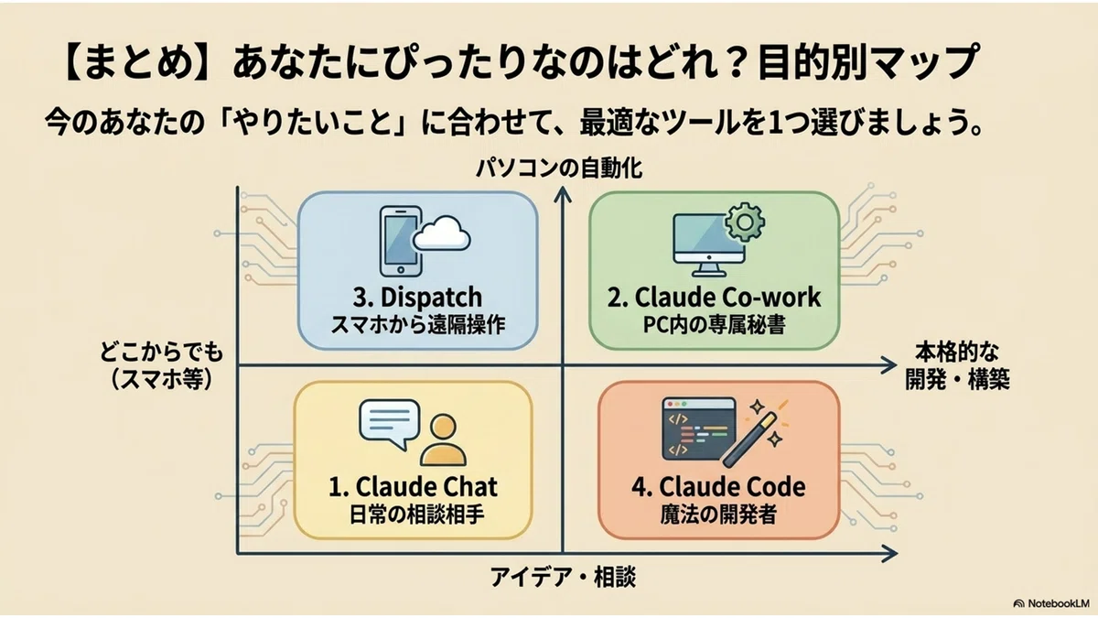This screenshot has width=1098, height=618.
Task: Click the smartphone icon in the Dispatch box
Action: click(401, 241)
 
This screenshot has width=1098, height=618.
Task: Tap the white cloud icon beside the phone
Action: click(442, 234)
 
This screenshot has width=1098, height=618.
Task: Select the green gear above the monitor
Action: click(745, 222)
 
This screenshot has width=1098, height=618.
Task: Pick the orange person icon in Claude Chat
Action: click(443, 440)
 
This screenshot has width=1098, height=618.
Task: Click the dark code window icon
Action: click(699, 428)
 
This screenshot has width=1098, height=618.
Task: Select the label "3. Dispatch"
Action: click(417, 298)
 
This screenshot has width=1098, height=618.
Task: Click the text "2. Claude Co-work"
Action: click(715, 297)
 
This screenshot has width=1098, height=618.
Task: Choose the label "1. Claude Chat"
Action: click(414, 486)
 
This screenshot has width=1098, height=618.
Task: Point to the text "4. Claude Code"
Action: click(718, 486)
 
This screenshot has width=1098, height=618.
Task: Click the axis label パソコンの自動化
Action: click(559, 168)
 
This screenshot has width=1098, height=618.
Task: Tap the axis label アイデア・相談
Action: click(564, 577)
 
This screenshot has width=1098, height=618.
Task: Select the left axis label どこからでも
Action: click(161, 352)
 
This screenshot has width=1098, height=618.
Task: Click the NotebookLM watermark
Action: click(1050, 603)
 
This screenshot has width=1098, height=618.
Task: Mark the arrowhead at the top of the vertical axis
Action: click(563, 194)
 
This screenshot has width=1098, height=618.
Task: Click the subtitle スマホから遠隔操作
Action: click(418, 325)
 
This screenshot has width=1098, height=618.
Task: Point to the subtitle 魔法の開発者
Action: click(718, 515)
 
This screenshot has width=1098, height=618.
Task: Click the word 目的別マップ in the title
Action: click(868, 63)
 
